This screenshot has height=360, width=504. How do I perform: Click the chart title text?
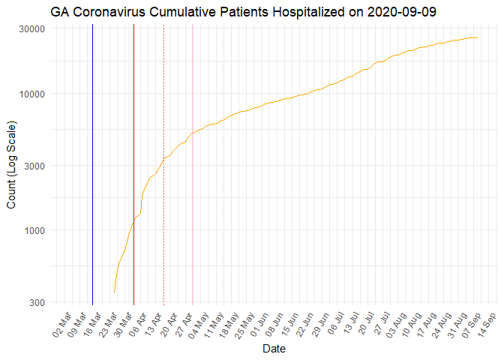click(x=244, y=12)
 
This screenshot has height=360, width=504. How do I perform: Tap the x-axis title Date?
click(x=273, y=349)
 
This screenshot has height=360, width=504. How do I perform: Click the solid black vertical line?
click(x=92, y=165)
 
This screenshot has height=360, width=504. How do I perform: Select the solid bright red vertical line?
click(x=133, y=165)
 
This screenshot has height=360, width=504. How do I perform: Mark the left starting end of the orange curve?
click(x=114, y=292)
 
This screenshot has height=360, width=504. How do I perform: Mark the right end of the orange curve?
click(x=478, y=37)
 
